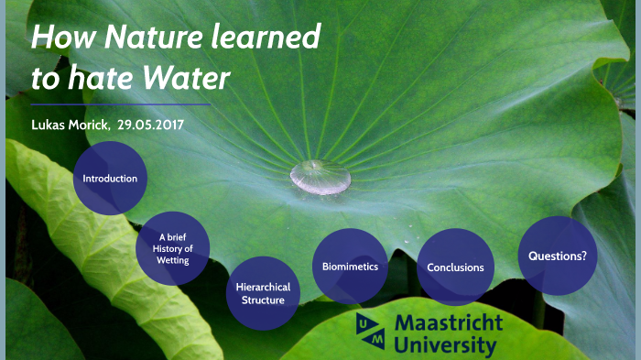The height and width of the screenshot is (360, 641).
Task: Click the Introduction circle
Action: click(x=110, y=178)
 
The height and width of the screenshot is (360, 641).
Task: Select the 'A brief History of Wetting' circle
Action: click(x=172, y=248)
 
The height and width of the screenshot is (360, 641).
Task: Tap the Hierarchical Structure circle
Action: click(x=263, y=293)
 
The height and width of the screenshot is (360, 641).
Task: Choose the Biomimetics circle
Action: click(x=350, y=267)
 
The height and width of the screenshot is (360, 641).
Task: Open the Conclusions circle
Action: click(x=455, y=267)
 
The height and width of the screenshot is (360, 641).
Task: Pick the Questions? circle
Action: click(x=558, y=256)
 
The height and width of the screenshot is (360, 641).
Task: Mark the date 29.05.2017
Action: click(x=151, y=125)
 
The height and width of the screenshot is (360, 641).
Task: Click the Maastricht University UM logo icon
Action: click(x=371, y=331)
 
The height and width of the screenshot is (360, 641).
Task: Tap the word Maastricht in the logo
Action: click(x=449, y=323)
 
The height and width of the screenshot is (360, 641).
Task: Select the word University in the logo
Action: click(x=445, y=346)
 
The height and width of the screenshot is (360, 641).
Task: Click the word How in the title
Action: click(x=60, y=38)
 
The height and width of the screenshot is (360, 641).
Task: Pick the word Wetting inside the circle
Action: click(x=172, y=260)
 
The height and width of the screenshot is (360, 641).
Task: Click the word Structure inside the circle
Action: click(x=263, y=300)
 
